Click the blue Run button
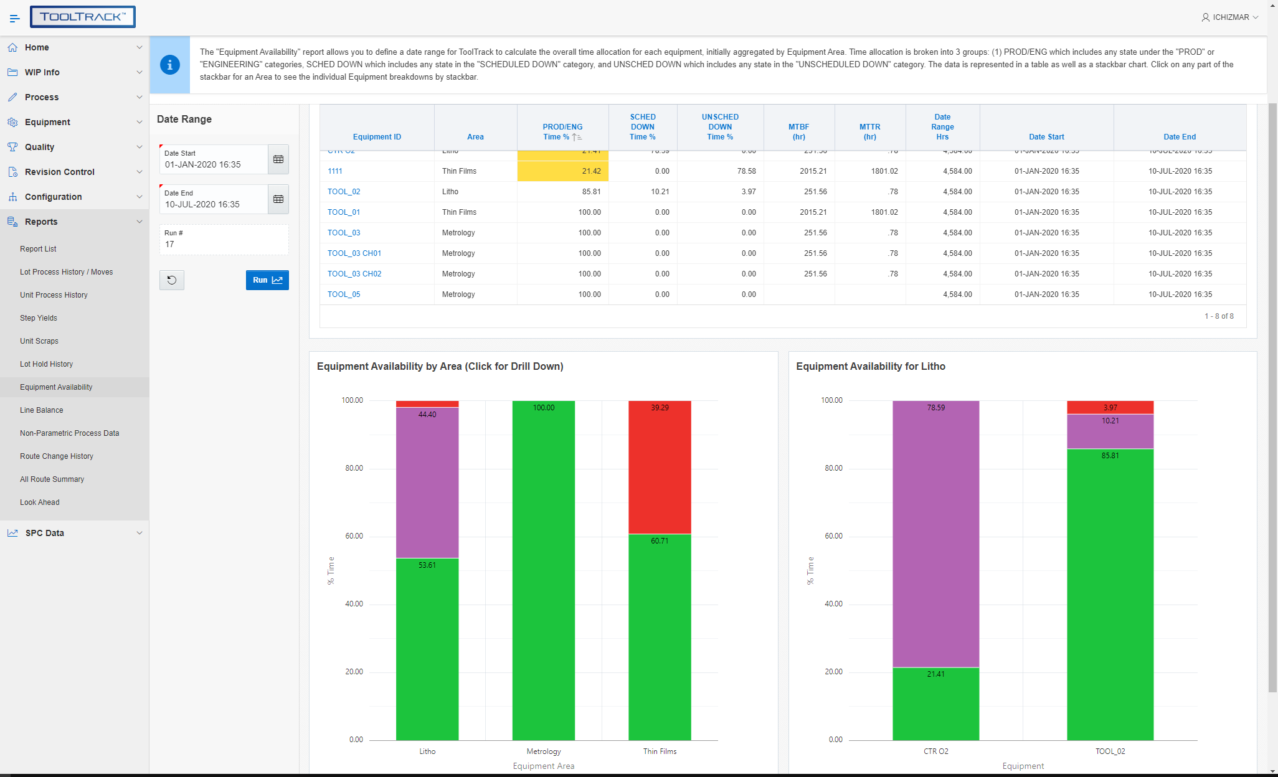click(x=267, y=280)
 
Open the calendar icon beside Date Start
click(x=278, y=159)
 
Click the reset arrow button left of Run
click(x=172, y=280)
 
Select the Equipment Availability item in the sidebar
click(x=56, y=387)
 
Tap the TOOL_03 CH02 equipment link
click(x=354, y=274)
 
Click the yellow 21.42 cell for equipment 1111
click(x=562, y=171)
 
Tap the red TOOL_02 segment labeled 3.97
click(x=1110, y=407)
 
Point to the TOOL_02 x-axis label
click(x=1110, y=751)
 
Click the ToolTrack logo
click(x=83, y=17)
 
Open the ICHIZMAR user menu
click(x=1229, y=17)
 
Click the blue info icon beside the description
click(x=170, y=65)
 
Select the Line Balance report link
click(x=41, y=410)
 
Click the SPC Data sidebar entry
click(x=45, y=533)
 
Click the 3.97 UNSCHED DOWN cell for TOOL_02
click(x=748, y=192)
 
